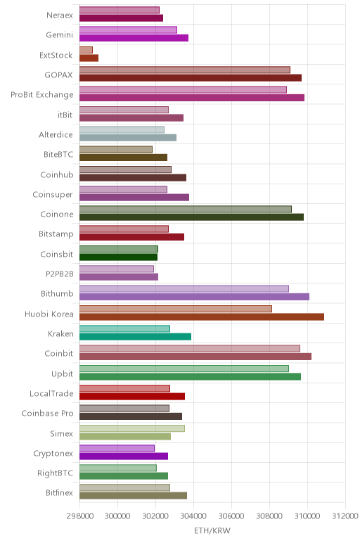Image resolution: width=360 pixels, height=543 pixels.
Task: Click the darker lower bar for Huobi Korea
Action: point(202,317)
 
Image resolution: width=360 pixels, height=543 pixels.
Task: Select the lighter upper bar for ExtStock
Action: point(86,50)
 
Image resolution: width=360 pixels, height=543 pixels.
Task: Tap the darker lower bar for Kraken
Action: point(135,337)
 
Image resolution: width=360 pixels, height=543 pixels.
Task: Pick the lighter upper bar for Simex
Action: point(132,428)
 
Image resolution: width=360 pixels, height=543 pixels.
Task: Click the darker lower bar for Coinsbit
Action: point(118,257)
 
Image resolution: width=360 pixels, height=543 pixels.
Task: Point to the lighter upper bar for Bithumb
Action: point(184,289)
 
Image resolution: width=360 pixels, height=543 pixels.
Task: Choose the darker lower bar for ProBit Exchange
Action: point(192,98)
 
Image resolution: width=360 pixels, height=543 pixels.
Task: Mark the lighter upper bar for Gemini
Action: point(129,30)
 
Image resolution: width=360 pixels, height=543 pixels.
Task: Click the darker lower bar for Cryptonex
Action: point(124,456)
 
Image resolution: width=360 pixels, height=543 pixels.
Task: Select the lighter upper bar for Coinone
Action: point(186,209)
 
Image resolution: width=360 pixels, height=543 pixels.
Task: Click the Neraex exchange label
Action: point(60,15)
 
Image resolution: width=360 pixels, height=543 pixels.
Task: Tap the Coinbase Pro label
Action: point(47,413)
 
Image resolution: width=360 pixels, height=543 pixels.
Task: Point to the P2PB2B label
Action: point(60,274)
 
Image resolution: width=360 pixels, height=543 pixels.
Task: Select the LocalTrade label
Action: point(51,393)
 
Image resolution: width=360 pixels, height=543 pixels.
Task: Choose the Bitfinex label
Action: point(59,492)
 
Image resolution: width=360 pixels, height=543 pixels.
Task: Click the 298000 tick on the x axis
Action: point(80,516)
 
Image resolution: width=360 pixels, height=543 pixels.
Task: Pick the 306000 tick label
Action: point(231,516)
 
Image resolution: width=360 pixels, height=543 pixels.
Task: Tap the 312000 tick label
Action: point(345,516)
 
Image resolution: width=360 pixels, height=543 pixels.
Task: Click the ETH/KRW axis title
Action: point(212,530)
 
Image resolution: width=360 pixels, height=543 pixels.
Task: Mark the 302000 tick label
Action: point(156,516)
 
